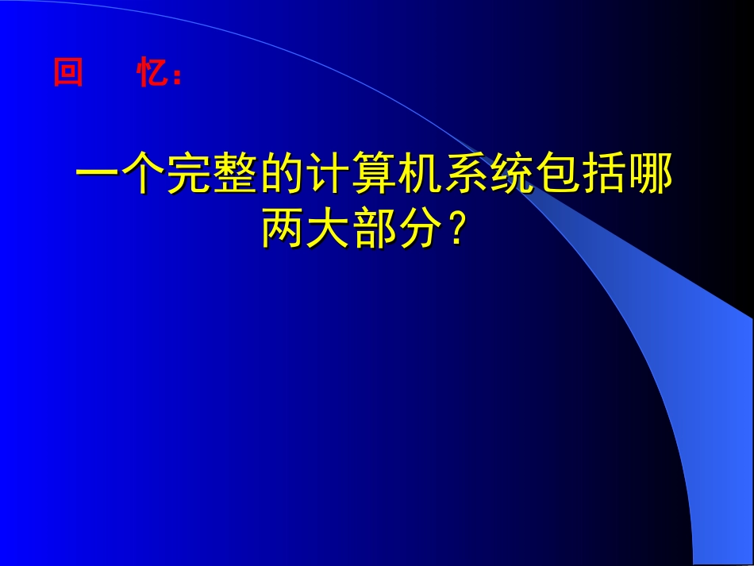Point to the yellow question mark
click(x=455, y=230)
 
